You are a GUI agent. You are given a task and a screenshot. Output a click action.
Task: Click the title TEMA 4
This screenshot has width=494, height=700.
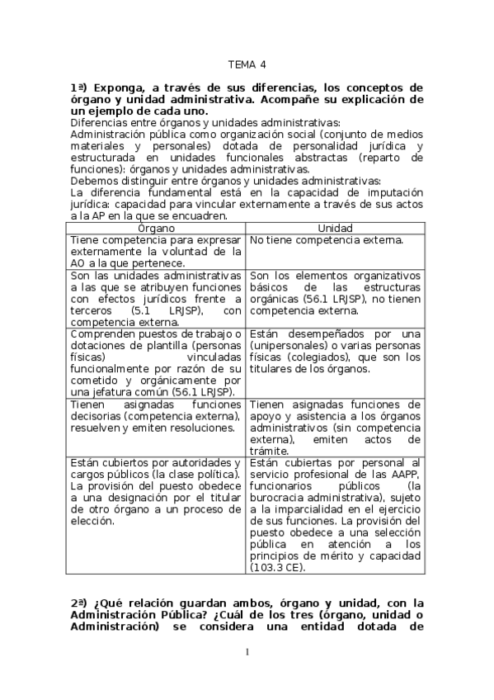click(247, 64)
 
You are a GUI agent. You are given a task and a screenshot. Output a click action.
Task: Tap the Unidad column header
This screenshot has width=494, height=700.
click(334, 228)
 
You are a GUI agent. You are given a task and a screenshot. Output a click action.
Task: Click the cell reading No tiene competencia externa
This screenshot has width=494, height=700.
click(326, 239)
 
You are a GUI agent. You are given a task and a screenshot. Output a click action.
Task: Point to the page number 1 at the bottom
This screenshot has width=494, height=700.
click(247, 652)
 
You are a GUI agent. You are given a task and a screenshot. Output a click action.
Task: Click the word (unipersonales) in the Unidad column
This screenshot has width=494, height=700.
click(285, 345)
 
